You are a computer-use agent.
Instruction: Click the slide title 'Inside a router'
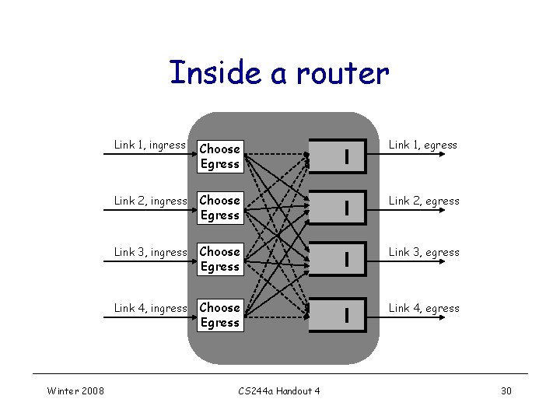click(278, 73)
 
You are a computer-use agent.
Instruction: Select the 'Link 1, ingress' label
click(149, 145)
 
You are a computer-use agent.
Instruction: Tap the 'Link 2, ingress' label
click(150, 201)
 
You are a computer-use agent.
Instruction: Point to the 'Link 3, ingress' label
click(150, 252)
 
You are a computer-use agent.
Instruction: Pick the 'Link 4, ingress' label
click(150, 308)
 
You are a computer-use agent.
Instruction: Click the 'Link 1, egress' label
click(423, 145)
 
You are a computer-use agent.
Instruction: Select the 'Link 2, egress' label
click(424, 201)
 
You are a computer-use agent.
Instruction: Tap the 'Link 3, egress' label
click(424, 252)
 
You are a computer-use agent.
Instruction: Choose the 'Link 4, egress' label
click(424, 308)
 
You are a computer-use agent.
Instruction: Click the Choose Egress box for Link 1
click(219, 156)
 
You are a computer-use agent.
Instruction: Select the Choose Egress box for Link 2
click(219, 208)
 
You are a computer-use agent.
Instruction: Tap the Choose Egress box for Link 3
click(219, 259)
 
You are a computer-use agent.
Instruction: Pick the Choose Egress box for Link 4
click(219, 315)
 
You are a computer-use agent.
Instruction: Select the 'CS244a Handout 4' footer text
click(278, 390)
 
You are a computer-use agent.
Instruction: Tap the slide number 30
click(506, 390)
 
